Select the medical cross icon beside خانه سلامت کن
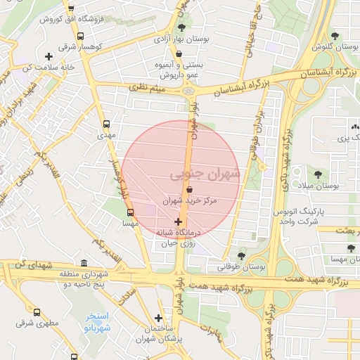click(x=49, y=56)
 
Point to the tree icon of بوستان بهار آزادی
click(x=182, y=27)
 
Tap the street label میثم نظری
click(x=148, y=88)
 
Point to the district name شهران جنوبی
click(x=205, y=173)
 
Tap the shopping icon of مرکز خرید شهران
click(x=189, y=189)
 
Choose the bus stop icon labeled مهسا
click(x=130, y=212)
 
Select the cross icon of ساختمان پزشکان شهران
click(x=158, y=318)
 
